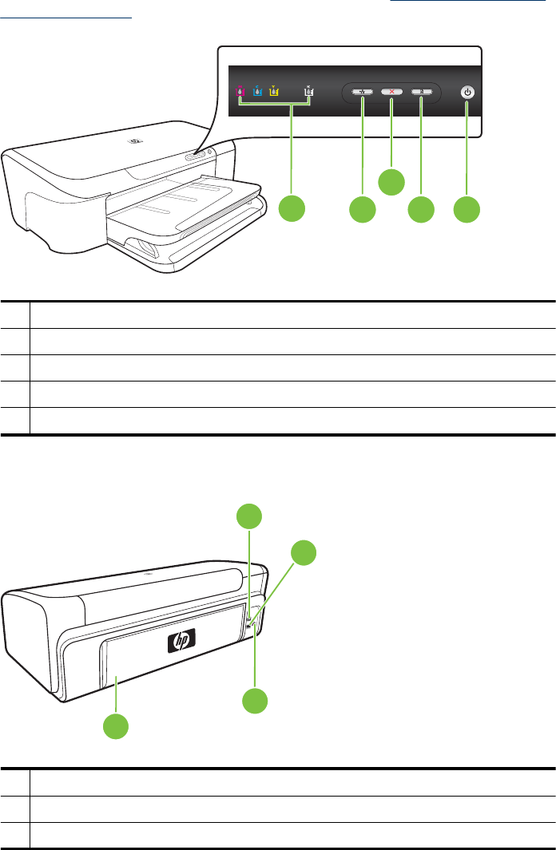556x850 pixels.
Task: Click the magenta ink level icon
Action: (240, 92)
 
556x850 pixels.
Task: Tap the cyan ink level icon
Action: (256, 92)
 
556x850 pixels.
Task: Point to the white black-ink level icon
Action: (309, 92)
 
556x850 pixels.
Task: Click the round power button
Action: (468, 93)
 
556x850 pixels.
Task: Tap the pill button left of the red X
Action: (362, 93)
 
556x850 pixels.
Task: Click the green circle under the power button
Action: (467, 210)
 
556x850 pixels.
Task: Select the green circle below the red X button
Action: (391, 181)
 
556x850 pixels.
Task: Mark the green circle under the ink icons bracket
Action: (292, 210)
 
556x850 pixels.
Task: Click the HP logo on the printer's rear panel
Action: (181, 642)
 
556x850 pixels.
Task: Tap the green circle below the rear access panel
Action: (117, 725)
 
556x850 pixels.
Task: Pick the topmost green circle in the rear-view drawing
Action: (251, 516)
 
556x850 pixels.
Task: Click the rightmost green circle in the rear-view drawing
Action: (303, 552)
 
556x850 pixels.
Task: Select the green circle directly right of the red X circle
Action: (421, 210)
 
